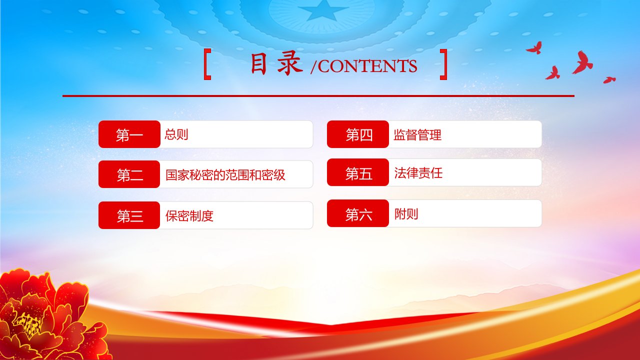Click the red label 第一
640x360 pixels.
129,134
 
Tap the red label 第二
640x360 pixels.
129,174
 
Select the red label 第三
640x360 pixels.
129,215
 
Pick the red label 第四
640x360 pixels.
358,134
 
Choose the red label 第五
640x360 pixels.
358,172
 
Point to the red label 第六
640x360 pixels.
358,213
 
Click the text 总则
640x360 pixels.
176,134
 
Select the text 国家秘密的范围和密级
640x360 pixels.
225,175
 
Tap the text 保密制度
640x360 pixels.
189,215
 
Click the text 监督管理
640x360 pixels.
417,135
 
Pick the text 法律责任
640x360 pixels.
418,173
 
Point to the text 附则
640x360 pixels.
406,213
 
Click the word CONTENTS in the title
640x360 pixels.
367,66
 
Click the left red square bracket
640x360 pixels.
207,64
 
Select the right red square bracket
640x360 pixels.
443,64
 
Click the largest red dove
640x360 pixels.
583,63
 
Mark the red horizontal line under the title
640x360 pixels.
318,96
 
